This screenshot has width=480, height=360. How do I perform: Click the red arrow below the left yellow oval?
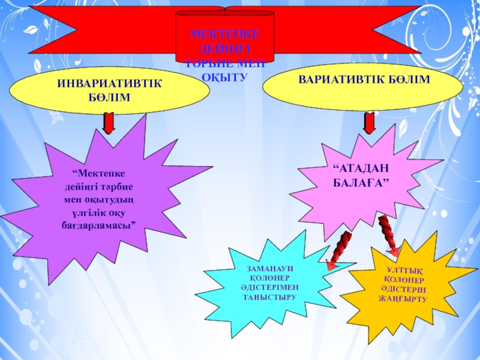(109, 123)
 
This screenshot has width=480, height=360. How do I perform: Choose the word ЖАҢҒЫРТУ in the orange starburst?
(405, 298)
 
